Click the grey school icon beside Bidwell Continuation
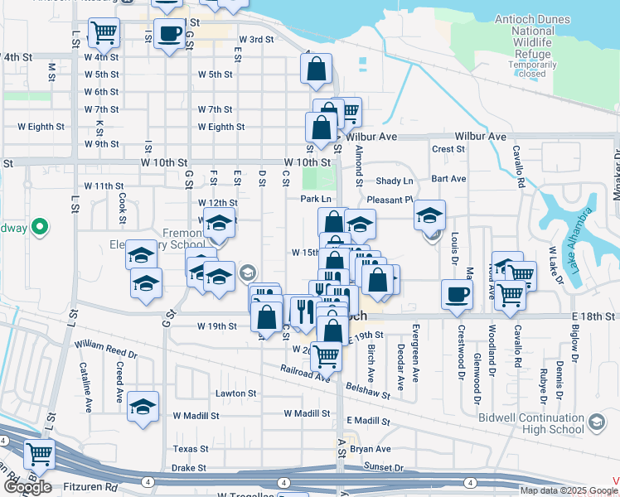[596, 424]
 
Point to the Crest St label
[448, 149]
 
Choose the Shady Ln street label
[394, 181]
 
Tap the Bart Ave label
[448, 178]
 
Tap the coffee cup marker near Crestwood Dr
[457, 295]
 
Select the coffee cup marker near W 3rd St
[169, 34]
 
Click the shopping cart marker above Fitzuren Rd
[39, 455]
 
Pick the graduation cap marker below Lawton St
[143, 406]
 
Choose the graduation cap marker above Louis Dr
[429, 215]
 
